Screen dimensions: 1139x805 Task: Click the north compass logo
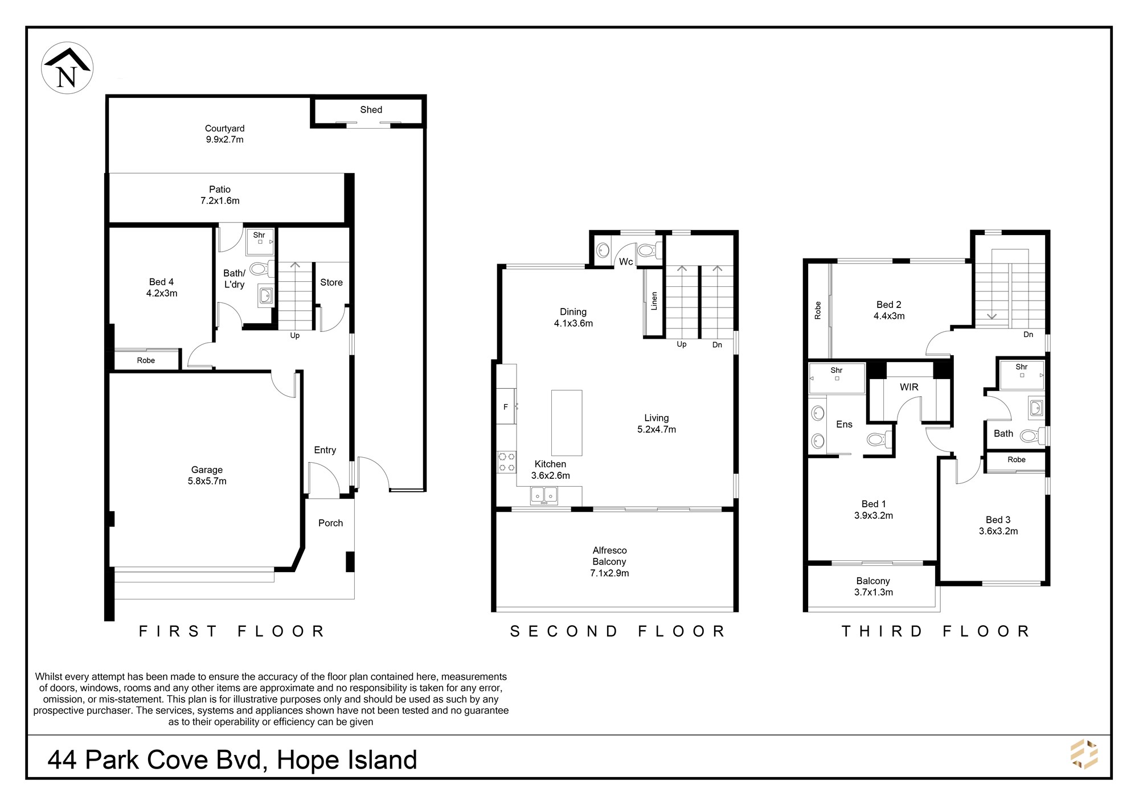pyautogui.click(x=67, y=68)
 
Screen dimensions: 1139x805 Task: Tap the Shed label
pyautogui.click(x=371, y=110)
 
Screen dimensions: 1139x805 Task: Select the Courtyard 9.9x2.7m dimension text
pyautogui.click(x=224, y=139)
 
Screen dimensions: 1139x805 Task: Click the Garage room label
pyautogui.click(x=207, y=470)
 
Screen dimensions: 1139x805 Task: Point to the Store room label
pyautogui.click(x=331, y=282)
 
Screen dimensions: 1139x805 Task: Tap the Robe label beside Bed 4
pyautogui.click(x=146, y=360)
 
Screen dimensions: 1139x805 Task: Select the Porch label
pyautogui.click(x=331, y=523)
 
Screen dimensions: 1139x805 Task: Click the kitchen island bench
pyautogui.click(x=567, y=422)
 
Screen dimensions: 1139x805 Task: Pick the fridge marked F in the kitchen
pyautogui.click(x=506, y=406)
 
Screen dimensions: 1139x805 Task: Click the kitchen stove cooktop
pyautogui.click(x=507, y=462)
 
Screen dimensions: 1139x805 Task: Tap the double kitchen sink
pyautogui.click(x=544, y=496)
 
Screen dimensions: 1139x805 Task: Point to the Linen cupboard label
pyautogui.click(x=654, y=301)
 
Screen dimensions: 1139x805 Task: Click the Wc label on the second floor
pyautogui.click(x=626, y=262)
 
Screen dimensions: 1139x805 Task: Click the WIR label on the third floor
pyautogui.click(x=909, y=387)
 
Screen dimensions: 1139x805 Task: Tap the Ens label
pyautogui.click(x=844, y=424)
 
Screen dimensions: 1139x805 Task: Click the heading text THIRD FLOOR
pyautogui.click(x=936, y=631)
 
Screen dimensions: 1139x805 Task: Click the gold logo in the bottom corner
pyautogui.click(x=1084, y=754)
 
